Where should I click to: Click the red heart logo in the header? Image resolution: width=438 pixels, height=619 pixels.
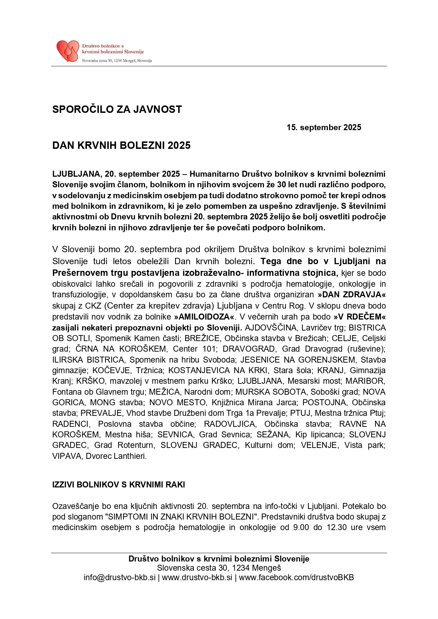(x=68, y=51)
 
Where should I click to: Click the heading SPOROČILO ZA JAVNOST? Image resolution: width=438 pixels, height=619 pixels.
(x=117, y=109)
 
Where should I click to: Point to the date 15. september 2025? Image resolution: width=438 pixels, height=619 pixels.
(x=324, y=127)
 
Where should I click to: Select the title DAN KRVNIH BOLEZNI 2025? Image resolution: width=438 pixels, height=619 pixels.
(x=121, y=145)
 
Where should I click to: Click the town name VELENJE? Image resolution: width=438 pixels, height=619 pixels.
(x=319, y=445)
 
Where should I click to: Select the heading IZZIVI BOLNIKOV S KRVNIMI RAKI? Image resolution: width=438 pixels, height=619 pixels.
(x=119, y=485)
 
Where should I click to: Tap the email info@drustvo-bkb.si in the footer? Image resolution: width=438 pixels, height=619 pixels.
(x=119, y=577)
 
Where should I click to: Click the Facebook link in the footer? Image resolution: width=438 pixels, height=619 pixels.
(x=296, y=577)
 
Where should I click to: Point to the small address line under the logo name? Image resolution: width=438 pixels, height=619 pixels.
(x=116, y=61)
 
